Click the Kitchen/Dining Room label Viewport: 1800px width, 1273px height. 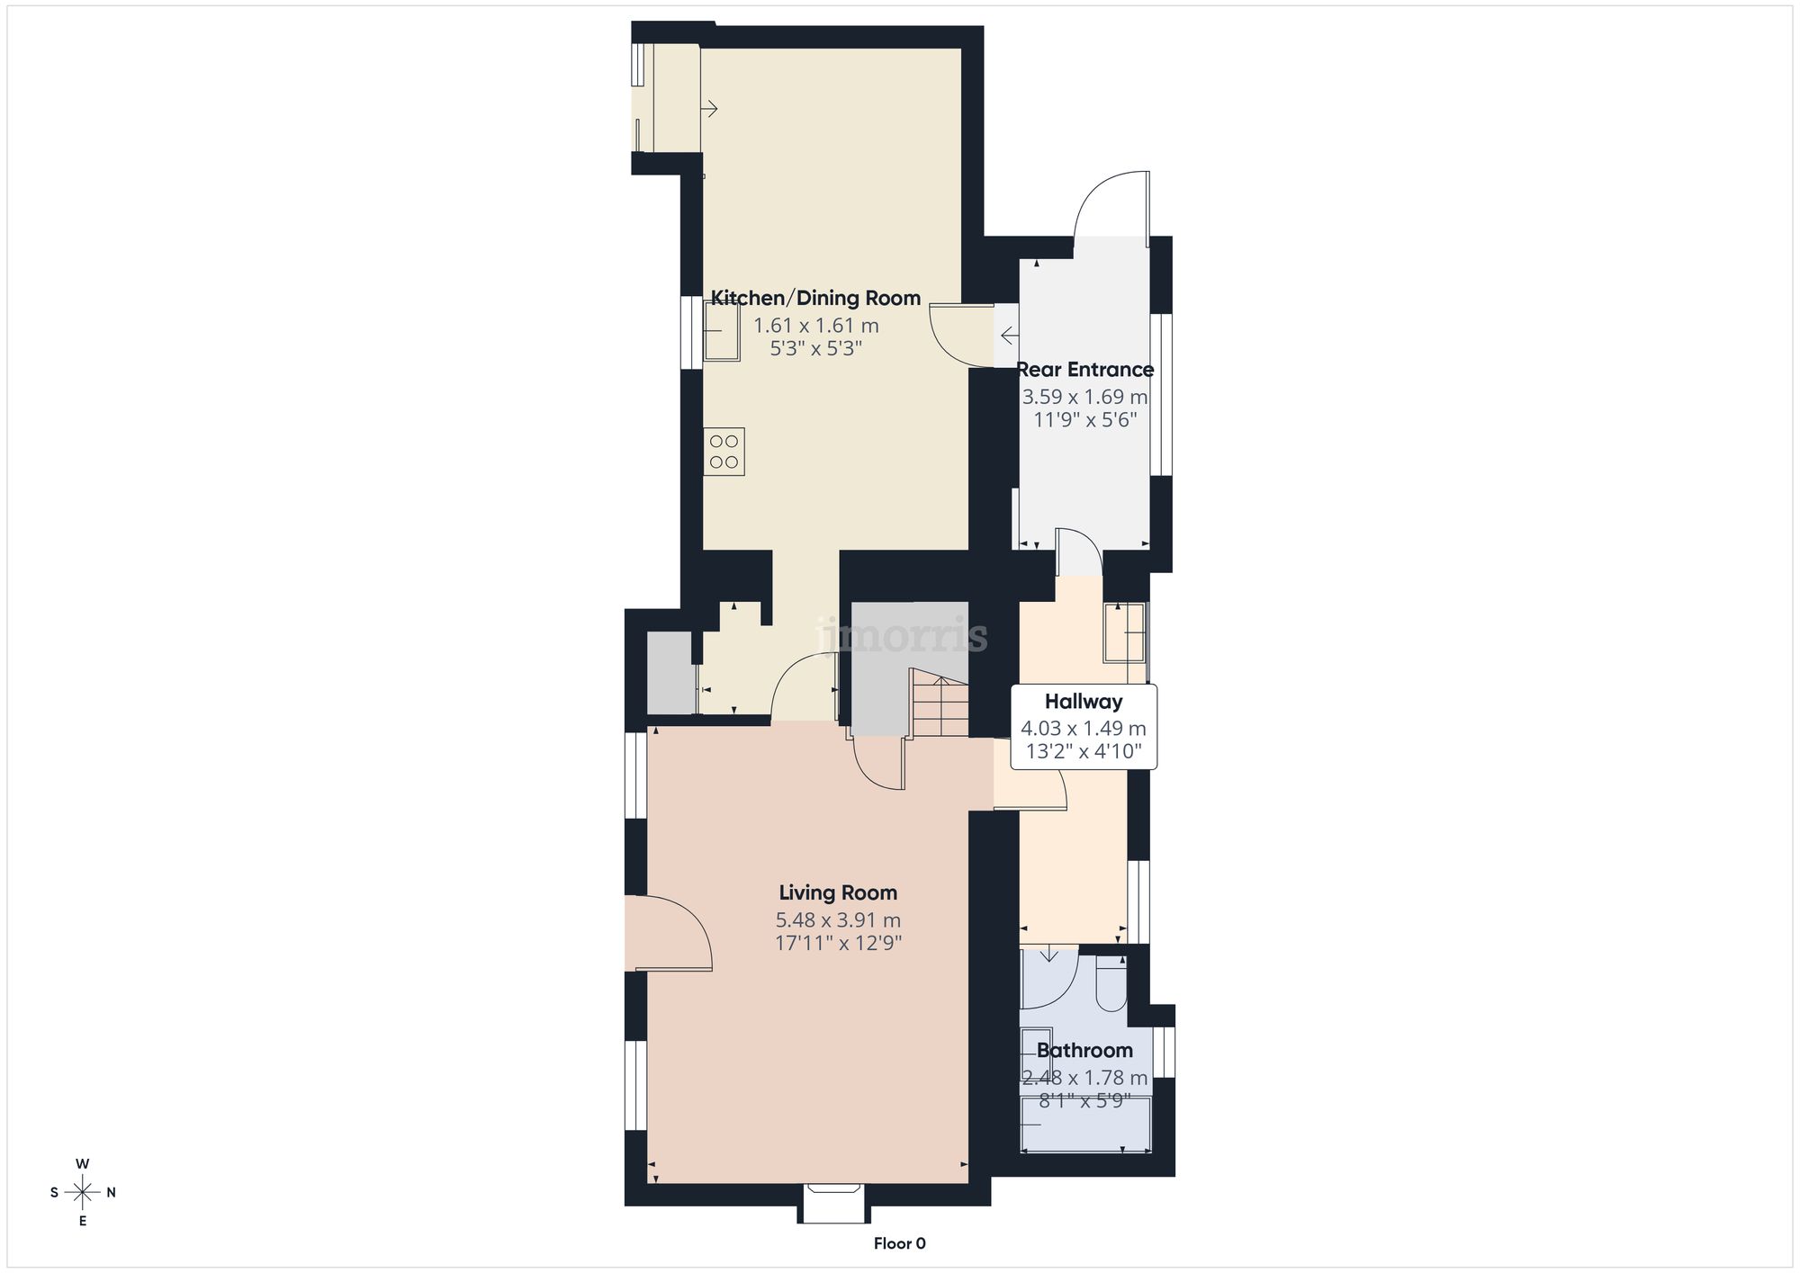(815, 298)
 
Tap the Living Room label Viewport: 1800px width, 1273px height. (838, 892)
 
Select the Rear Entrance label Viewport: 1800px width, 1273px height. (1084, 369)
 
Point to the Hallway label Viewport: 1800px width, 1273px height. (1084, 702)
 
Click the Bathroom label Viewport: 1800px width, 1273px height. (1084, 1050)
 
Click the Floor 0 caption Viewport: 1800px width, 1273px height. (899, 1243)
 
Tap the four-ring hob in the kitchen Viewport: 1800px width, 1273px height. (724, 452)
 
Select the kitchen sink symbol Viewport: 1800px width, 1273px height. (721, 330)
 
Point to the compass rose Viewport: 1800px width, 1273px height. (83, 1193)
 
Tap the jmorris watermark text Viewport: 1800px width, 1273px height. (903, 636)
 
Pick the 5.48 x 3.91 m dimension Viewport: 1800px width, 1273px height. (838, 920)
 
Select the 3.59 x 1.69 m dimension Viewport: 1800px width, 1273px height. (1084, 397)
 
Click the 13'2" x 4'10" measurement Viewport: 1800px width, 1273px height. (1084, 751)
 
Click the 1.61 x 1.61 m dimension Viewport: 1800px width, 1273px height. (815, 326)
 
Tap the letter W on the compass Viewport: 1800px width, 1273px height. (83, 1164)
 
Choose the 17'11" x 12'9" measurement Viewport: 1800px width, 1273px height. (838, 943)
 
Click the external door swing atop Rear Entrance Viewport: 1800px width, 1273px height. (1111, 205)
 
